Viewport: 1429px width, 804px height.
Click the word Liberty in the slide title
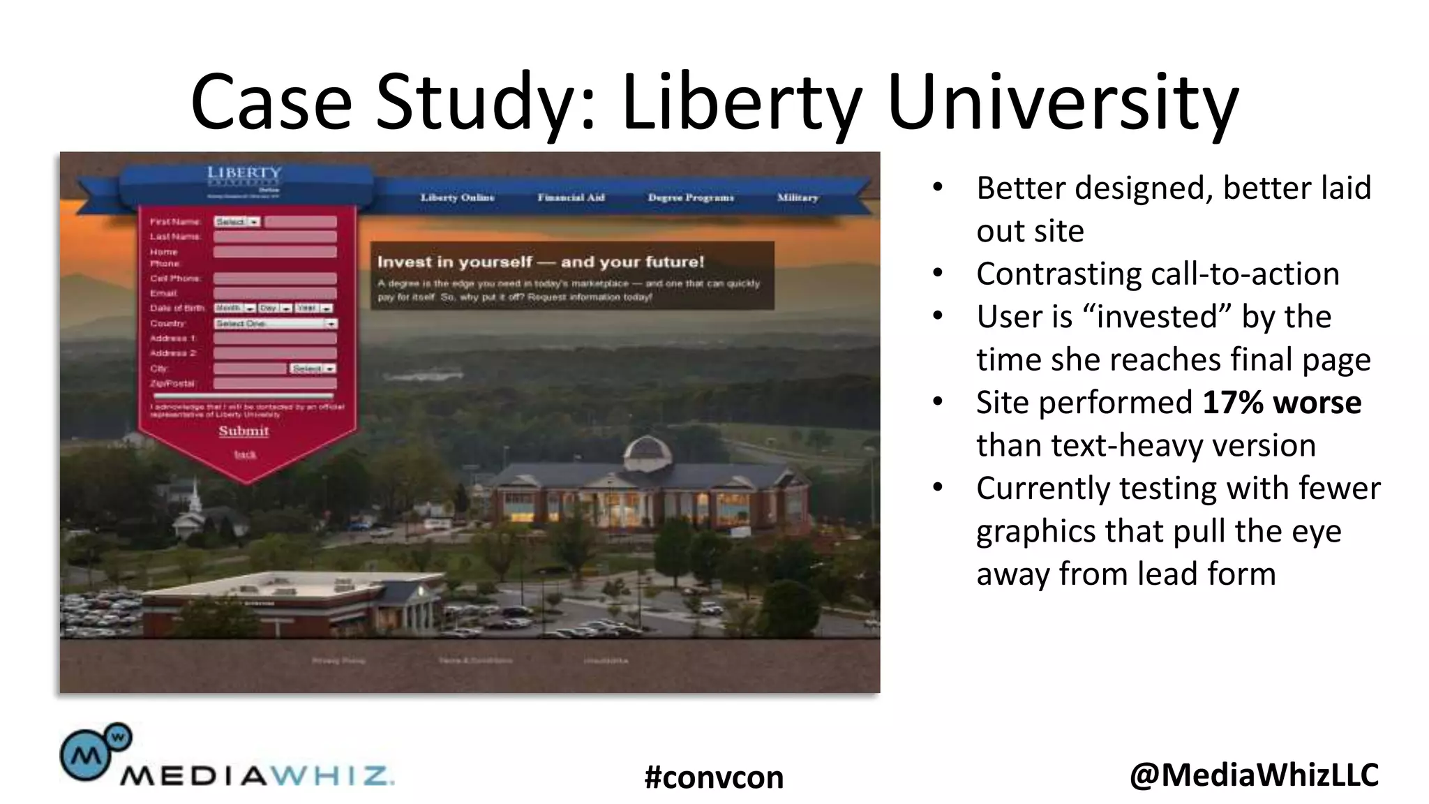(742, 103)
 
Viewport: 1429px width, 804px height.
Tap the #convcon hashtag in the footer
(714, 777)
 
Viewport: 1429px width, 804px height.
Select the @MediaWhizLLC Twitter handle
(1254, 775)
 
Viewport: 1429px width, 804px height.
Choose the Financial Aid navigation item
(571, 198)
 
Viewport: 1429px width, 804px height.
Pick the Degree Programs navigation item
(691, 198)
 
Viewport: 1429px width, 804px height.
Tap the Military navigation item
(798, 198)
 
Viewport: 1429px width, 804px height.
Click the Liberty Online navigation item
(457, 198)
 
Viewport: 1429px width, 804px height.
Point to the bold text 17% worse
(1282, 403)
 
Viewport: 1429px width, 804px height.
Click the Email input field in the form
(275, 294)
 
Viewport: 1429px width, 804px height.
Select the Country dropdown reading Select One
(275, 324)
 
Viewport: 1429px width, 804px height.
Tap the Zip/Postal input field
(275, 383)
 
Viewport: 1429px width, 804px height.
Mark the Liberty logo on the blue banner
(244, 174)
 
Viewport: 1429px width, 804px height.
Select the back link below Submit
(245, 454)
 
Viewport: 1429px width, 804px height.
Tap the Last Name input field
(275, 237)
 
